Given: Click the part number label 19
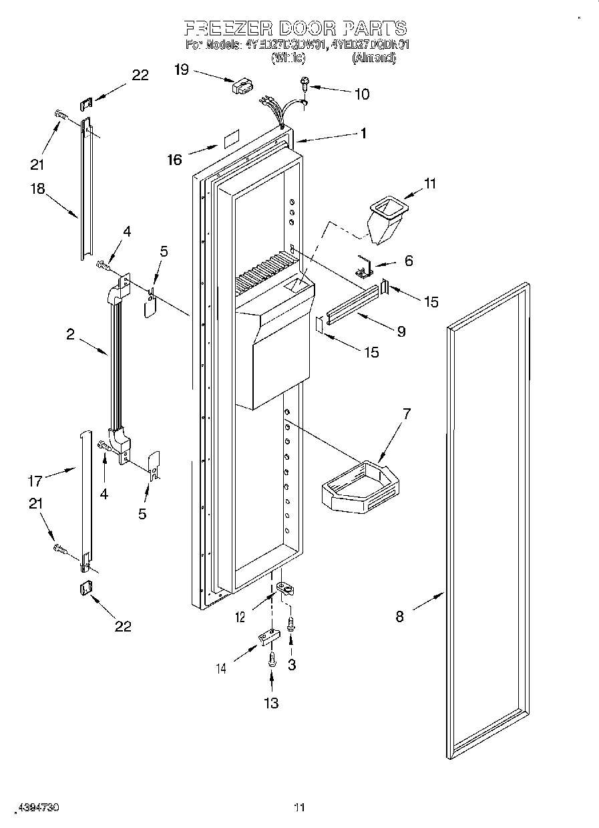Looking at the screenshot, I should (x=182, y=69).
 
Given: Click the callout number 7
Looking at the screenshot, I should (x=407, y=413).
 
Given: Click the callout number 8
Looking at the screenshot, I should (x=399, y=617).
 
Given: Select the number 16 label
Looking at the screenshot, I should (x=174, y=159).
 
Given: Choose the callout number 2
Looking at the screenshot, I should (x=71, y=333).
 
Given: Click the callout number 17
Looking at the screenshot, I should (x=35, y=480).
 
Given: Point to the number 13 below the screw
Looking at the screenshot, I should (x=270, y=702).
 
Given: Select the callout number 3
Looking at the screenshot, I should (x=291, y=664).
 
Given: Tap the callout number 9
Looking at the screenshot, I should (x=401, y=330).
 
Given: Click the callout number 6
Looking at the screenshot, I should (x=409, y=261).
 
